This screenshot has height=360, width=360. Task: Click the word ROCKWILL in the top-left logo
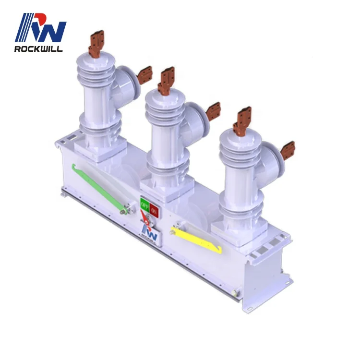point(38,49)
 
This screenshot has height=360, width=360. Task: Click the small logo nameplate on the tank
point(150,229)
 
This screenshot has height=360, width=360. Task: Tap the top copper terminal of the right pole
point(243,119)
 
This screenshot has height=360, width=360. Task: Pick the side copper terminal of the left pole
point(144,74)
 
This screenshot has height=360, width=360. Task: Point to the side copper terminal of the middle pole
point(213,111)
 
